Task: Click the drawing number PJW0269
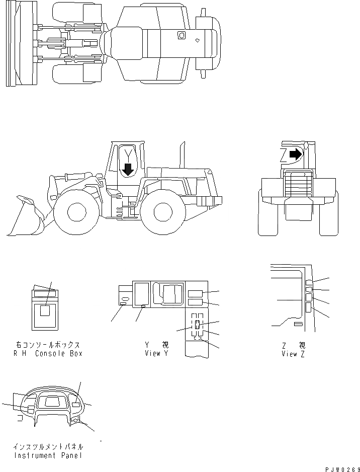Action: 339,468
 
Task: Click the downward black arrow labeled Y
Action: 128,169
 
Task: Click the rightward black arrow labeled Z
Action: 296,153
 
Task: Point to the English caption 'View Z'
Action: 293,353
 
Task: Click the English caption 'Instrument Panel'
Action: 48,455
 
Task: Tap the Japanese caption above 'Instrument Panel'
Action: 48,446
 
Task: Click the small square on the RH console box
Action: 45,311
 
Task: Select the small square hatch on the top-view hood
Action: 182,35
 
